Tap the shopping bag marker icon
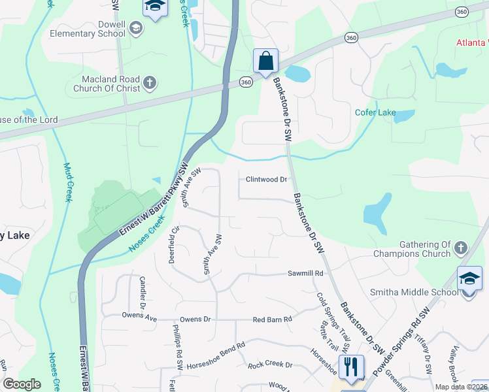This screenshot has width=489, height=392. pyautogui.click(x=266, y=61)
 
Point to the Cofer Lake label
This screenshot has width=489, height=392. pyautogui.click(x=375, y=112)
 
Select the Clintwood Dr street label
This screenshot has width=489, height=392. pyautogui.click(x=267, y=179)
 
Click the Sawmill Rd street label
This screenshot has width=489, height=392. pyautogui.click(x=306, y=273)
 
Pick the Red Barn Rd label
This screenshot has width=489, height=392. pyautogui.click(x=273, y=319)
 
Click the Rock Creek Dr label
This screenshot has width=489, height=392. pyautogui.click(x=269, y=365)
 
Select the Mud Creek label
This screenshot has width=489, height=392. pyautogui.click(x=67, y=182)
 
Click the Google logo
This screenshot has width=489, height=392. pyautogui.click(x=22, y=384)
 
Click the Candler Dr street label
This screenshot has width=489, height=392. pyautogui.click(x=143, y=292)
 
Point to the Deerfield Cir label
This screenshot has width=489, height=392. pyautogui.click(x=174, y=243)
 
